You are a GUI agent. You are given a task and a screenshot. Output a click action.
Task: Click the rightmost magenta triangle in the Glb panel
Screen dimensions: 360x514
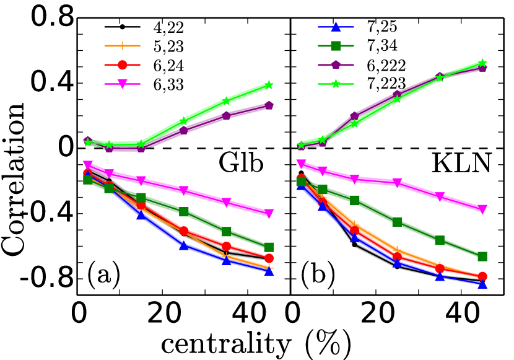269,213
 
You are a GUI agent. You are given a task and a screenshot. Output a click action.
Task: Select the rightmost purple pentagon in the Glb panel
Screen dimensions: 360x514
269,105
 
